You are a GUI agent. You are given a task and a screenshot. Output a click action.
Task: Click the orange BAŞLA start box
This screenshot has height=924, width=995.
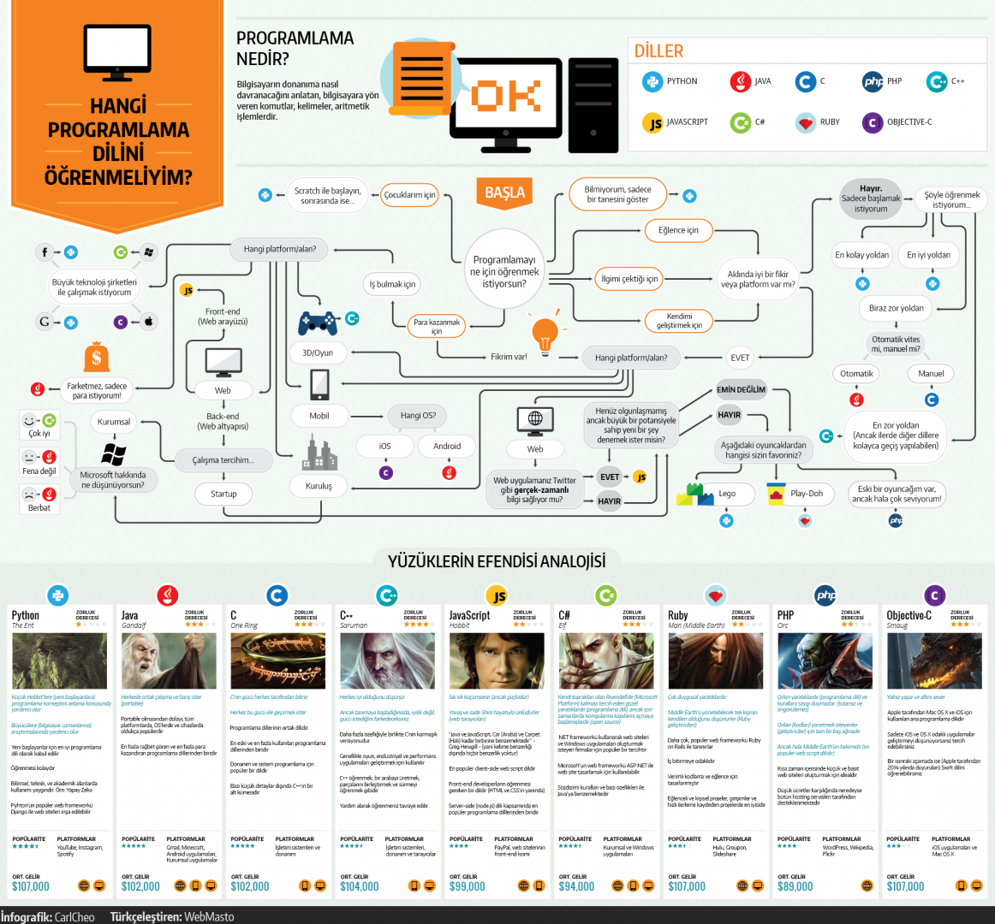[x=504, y=192]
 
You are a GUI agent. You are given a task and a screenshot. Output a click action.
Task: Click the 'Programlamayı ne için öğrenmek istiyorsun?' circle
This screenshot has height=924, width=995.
[x=504, y=271]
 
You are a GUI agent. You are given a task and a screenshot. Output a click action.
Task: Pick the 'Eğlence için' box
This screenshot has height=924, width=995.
[x=678, y=230]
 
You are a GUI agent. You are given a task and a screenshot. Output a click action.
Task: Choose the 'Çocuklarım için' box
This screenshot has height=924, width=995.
[x=409, y=195]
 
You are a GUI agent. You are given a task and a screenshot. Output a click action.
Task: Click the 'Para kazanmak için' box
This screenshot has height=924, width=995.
[x=437, y=326]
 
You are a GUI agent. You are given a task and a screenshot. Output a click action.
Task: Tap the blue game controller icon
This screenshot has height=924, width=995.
[x=318, y=323]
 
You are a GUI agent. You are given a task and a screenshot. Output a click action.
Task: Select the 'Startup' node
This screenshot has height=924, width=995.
[x=223, y=494]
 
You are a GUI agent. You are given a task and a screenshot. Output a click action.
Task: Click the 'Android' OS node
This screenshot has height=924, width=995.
[x=447, y=446]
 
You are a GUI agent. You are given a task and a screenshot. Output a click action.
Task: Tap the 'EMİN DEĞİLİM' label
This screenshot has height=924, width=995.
[x=742, y=389]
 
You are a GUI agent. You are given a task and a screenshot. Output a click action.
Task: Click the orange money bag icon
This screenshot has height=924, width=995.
[x=97, y=356]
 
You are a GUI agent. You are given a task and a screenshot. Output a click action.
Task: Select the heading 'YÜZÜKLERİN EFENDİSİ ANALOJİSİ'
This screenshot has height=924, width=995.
[x=497, y=561]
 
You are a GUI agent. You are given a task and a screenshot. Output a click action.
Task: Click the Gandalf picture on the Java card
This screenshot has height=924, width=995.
[x=169, y=660]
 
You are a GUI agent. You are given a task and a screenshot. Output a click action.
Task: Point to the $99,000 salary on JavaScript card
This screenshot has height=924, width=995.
[x=468, y=886]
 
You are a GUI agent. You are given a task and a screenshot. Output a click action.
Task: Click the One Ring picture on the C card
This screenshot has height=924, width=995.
[x=277, y=660]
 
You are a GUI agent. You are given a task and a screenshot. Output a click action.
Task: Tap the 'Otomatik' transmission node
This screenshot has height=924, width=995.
[x=856, y=374]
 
